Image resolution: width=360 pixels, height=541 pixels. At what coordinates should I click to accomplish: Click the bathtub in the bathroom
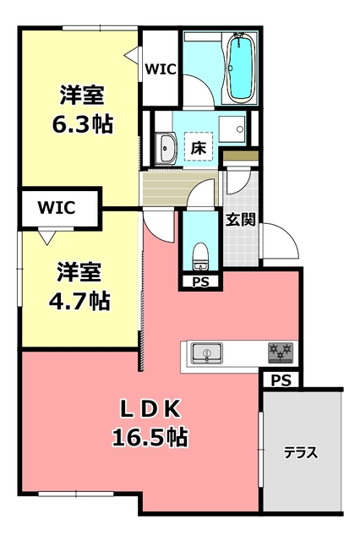[243, 68]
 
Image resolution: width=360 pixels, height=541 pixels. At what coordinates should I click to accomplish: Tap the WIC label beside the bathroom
[159, 69]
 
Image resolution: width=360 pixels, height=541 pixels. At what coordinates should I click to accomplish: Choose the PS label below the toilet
[200, 281]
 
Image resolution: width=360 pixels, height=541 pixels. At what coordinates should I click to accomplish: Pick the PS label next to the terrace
[281, 381]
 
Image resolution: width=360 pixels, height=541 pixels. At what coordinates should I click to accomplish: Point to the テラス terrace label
[300, 452]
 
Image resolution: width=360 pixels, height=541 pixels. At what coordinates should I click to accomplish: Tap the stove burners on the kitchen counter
[280, 350]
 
